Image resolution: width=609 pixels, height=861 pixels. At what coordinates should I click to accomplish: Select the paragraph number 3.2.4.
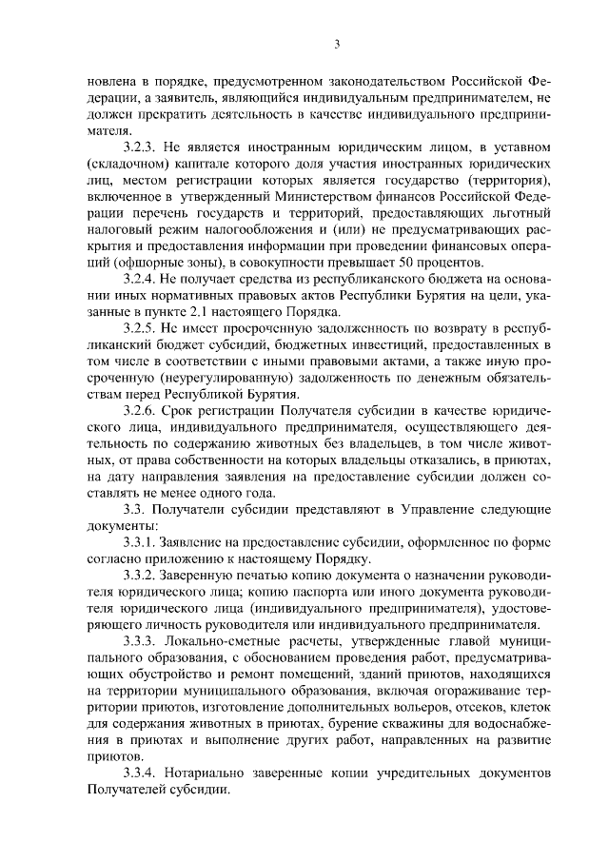click(145, 279)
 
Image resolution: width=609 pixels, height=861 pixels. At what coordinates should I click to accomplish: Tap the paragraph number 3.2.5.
click(145, 328)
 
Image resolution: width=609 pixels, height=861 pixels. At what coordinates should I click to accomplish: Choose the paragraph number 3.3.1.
click(145, 542)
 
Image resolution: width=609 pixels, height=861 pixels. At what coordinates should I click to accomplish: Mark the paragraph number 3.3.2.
click(145, 576)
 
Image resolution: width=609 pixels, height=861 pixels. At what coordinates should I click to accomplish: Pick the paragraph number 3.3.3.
click(145, 641)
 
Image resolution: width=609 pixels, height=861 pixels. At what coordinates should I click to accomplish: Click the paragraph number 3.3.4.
click(145, 772)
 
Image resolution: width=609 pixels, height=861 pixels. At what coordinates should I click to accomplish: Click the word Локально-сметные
click(230, 641)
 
